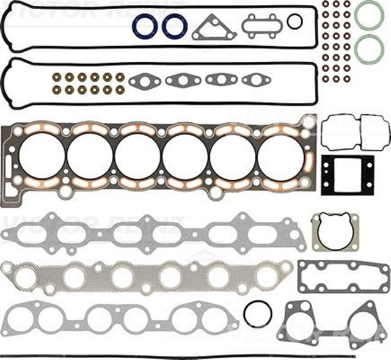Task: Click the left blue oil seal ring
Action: [145, 26]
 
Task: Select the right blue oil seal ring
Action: [175, 26]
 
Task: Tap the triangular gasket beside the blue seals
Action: [214, 28]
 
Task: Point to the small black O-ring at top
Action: [294, 22]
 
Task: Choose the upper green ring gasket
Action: [369, 15]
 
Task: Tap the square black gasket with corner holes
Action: [347, 172]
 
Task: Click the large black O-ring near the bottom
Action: [257, 314]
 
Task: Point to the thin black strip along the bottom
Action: [177, 354]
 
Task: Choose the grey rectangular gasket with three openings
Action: [343, 277]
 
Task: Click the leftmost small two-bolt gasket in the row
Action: [145, 81]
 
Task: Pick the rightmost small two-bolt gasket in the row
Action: [252, 79]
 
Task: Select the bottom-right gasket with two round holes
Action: [332, 321]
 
